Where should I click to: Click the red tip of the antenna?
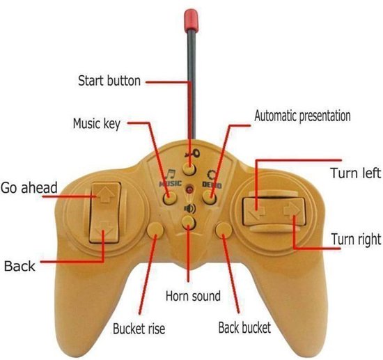191,20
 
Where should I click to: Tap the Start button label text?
109,80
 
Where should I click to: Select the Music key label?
97,123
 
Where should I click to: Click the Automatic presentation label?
302,116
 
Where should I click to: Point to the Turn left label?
356,173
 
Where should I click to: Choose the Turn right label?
356,239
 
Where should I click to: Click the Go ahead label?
29,187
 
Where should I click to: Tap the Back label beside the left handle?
19,266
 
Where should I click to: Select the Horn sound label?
193,296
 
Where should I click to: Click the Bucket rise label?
139,329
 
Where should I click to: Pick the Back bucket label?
244,327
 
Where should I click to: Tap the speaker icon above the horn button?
190,209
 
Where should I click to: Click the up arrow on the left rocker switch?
106,195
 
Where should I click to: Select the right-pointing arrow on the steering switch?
292,210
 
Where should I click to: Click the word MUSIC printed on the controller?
171,183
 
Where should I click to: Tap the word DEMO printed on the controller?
212,185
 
